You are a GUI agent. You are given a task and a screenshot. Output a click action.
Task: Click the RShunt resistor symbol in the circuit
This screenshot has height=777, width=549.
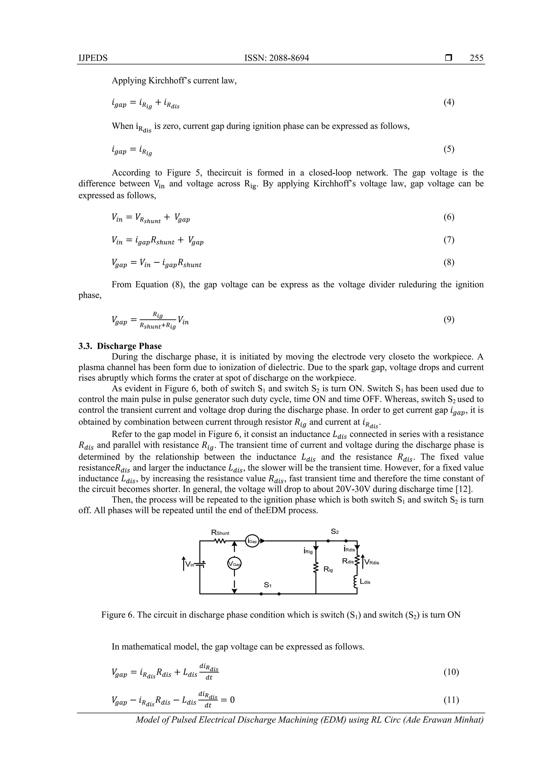point(220,541)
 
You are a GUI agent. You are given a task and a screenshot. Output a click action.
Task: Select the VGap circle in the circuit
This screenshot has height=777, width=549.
point(234,564)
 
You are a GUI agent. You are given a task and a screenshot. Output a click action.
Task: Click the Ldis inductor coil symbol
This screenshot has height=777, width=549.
point(355,582)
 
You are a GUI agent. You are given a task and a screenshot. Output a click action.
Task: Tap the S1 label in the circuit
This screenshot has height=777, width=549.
point(267,584)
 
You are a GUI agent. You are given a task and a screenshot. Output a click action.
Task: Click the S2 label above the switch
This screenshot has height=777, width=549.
point(335,532)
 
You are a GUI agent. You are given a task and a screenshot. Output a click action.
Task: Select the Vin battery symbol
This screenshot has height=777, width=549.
point(202,564)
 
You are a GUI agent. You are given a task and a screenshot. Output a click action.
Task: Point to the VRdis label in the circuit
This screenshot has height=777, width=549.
point(372,562)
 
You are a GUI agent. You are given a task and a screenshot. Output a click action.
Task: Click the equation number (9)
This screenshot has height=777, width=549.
point(449,319)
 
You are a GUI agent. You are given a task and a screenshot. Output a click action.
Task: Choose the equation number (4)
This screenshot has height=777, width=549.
point(449,102)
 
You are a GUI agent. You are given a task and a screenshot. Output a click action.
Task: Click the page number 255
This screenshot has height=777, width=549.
point(476,58)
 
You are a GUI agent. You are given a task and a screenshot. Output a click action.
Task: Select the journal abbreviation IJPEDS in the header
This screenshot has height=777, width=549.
point(93,58)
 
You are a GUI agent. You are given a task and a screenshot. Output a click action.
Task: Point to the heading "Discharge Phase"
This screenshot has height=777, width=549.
point(129,346)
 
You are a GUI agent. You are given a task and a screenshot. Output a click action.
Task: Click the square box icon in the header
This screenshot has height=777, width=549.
point(448,58)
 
